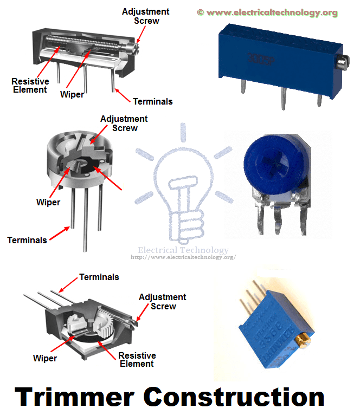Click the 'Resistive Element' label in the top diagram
[30, 86]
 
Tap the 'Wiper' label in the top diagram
[72, 94]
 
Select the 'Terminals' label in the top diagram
[152, 101]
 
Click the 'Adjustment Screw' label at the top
[145, 16]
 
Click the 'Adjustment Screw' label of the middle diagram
[124, 124]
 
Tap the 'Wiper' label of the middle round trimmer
[48, 203]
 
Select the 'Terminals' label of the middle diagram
[27, 239]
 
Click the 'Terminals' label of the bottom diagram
[99, 277]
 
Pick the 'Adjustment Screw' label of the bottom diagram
[163, 301]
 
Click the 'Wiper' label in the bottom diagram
[45, 358]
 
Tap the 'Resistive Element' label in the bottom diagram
[137, 360]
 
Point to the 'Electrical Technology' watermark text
[183, 250]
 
